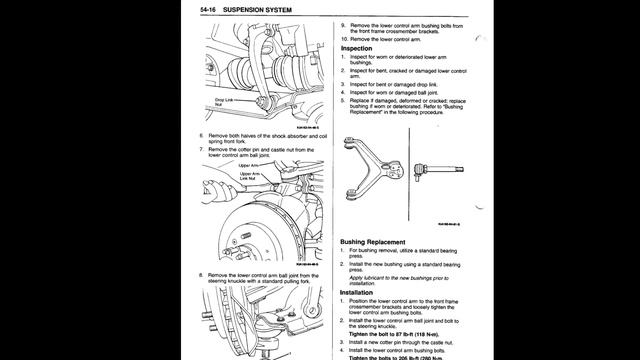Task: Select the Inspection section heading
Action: (357, 48)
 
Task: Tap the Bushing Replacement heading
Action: (379, 241)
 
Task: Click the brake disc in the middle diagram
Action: (265, 225)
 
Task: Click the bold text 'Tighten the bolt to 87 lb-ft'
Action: (388, 333)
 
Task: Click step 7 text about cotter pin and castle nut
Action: (260, 152)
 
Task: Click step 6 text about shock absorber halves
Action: (260, 137)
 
